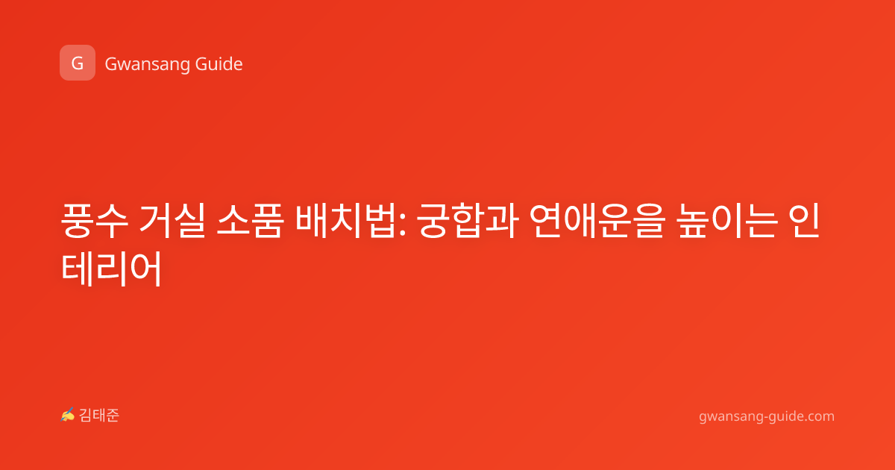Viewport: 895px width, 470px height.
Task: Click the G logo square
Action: [x=78, y=63]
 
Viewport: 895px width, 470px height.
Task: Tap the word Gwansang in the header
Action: [x=147, y=64]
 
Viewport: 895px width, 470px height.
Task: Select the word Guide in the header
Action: [x=219, y=63]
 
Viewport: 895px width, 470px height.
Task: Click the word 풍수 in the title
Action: [x=95, y=221]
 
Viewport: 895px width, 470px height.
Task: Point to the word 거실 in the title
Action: [x=172, y=221]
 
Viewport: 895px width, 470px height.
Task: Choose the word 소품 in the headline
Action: [x=250, y=221]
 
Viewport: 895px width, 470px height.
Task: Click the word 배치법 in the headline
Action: [x=345, y=221]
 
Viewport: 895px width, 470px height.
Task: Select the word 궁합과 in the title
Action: [x=468, y=221]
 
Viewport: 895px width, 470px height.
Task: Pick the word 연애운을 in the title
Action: [x=597, y=221]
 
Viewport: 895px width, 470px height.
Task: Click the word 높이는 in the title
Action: [x=727, y=221]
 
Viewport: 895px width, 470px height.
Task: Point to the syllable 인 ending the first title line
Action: [x=804, y=221]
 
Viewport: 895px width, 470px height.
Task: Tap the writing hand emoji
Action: [x=67, y=415]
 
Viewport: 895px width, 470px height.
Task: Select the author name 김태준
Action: [x=98, y=416]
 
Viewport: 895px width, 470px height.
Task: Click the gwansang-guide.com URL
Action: [x=767, y=417]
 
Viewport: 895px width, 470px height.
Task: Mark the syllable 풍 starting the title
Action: [x=78, y=221]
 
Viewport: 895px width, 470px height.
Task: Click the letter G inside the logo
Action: [x=78, y=63]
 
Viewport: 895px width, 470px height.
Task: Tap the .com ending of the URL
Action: [x=818, y=416]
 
